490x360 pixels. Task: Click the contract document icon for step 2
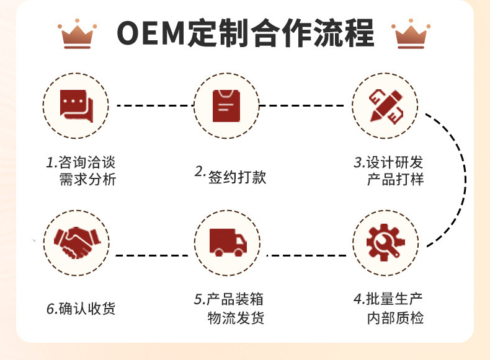(226, 105)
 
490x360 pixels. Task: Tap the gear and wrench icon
(385, 242)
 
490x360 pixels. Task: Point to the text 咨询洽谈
(86, 163)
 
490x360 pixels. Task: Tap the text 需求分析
(86, 180)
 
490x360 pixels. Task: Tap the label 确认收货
(87, 309)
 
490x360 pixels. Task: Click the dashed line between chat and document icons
(151, 105)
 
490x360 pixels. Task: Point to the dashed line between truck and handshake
(151, 255)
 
